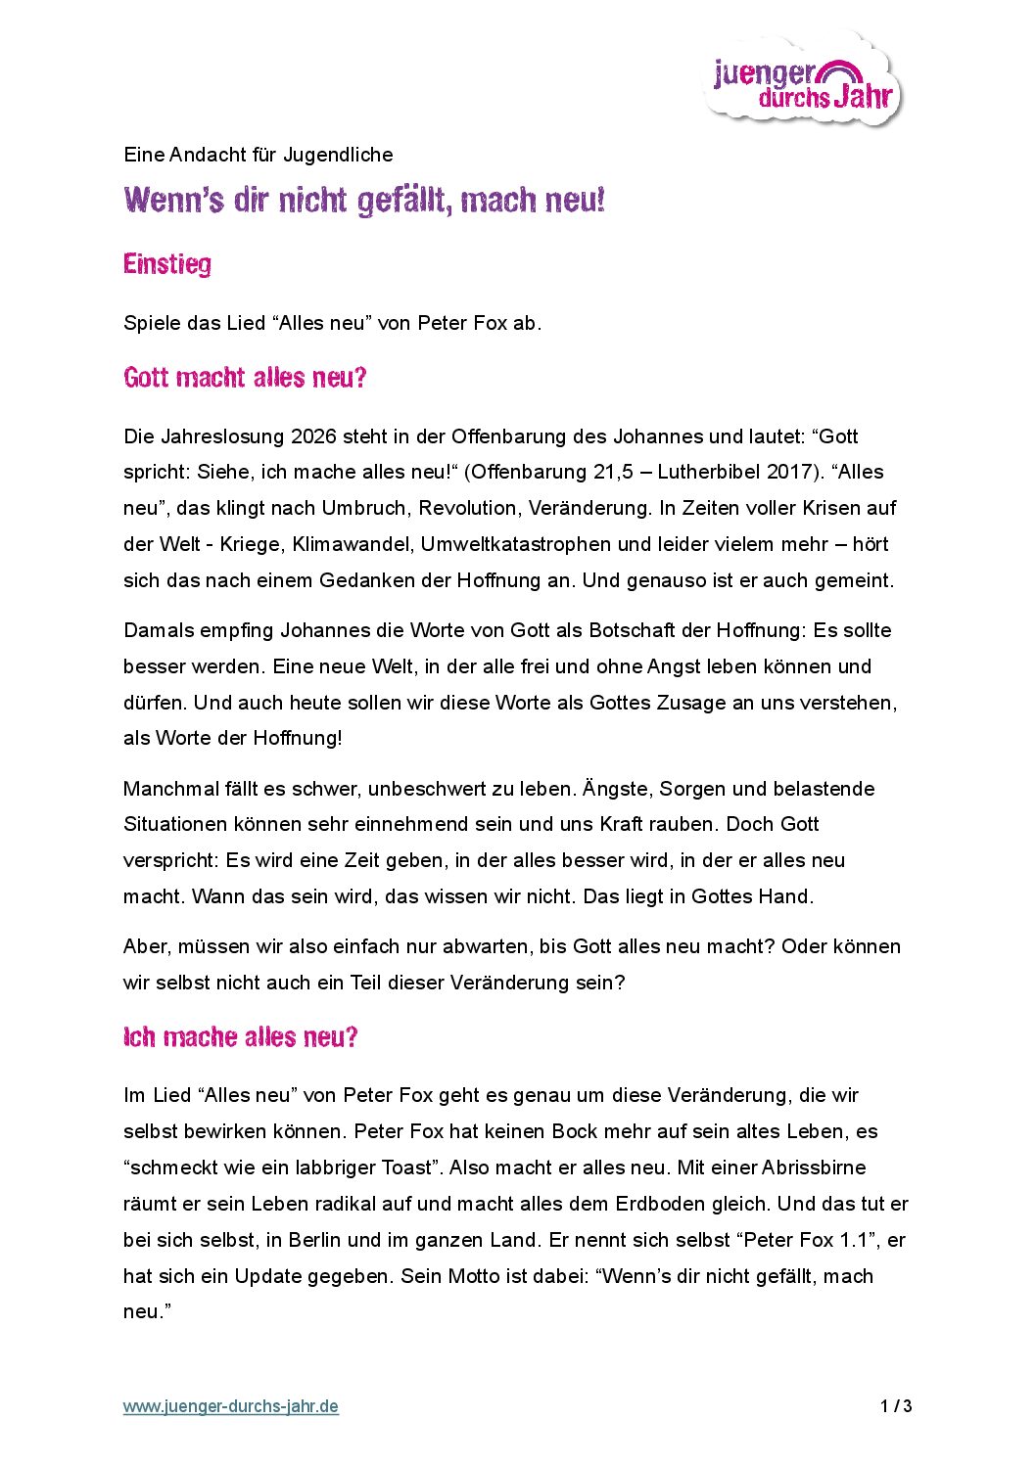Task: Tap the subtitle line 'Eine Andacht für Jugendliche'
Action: coord(259,155)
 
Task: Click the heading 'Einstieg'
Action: coord(167,264)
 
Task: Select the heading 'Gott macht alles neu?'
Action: coord(245,378)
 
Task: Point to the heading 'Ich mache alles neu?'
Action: coord(241,1037)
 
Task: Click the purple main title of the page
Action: coord(364,201)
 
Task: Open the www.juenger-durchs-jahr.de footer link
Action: coord(231,1407)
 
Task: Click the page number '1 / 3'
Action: coord(896,1407)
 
